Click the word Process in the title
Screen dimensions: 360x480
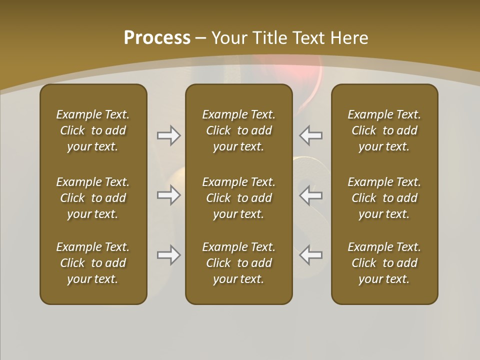coord(157,38)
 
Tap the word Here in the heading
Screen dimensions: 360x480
coord(350,38)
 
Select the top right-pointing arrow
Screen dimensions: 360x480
coord(169,135)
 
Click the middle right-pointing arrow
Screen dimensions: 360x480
coord(169,195)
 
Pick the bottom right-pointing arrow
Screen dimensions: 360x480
coord(169,255)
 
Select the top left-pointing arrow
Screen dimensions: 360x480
coord(310,135)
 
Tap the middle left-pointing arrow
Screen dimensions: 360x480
coord(310,195)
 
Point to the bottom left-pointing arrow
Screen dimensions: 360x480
coord(310,255)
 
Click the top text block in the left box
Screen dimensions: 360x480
coord(93,130)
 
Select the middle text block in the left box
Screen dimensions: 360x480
coord(93,198)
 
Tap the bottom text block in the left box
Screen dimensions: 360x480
coord(93,263)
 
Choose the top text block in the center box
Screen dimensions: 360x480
coord(239,130)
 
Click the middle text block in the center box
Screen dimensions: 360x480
coord(239,198)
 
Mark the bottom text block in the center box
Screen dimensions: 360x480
coord(239,263)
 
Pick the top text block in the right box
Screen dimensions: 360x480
coord(384,130)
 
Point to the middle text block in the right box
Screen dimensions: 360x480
coord(384,198)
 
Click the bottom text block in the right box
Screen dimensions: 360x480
coord(384,263)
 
